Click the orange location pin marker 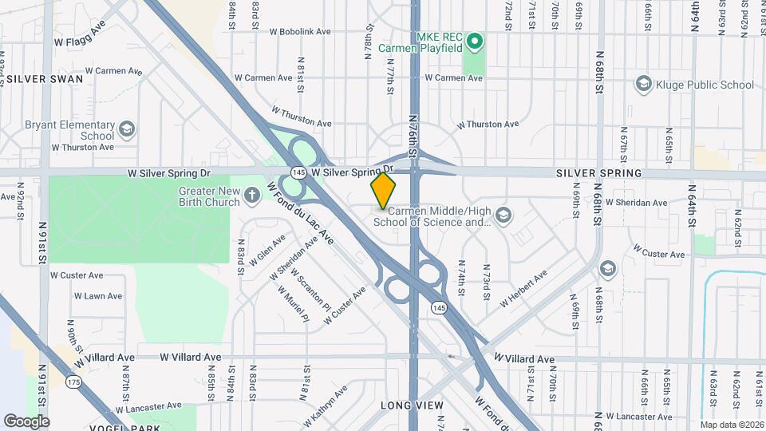pyautogui.click(x=383, y=190)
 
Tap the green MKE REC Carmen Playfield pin pyautogui.click(x=475, y=40)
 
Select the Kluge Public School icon pyautogui.click(x=643, y=85)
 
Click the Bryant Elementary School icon pyautogui.click(x=127, y=129)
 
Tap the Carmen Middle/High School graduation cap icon pyautogui.click(x=503, y=215)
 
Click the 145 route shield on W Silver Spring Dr pyautogui.click(x=298, y=172)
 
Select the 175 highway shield pyautogui.click(x=74, y=382)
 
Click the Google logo pyautogui.click(x=26, y=421)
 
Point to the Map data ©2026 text pyautogui.click(x=730, y=424)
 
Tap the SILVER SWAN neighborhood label pyautogui.click(x=41, y=80)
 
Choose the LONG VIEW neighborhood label pyautogui.click(x=411, y=405)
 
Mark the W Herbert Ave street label pyautogui.click(x=523, y=289)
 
